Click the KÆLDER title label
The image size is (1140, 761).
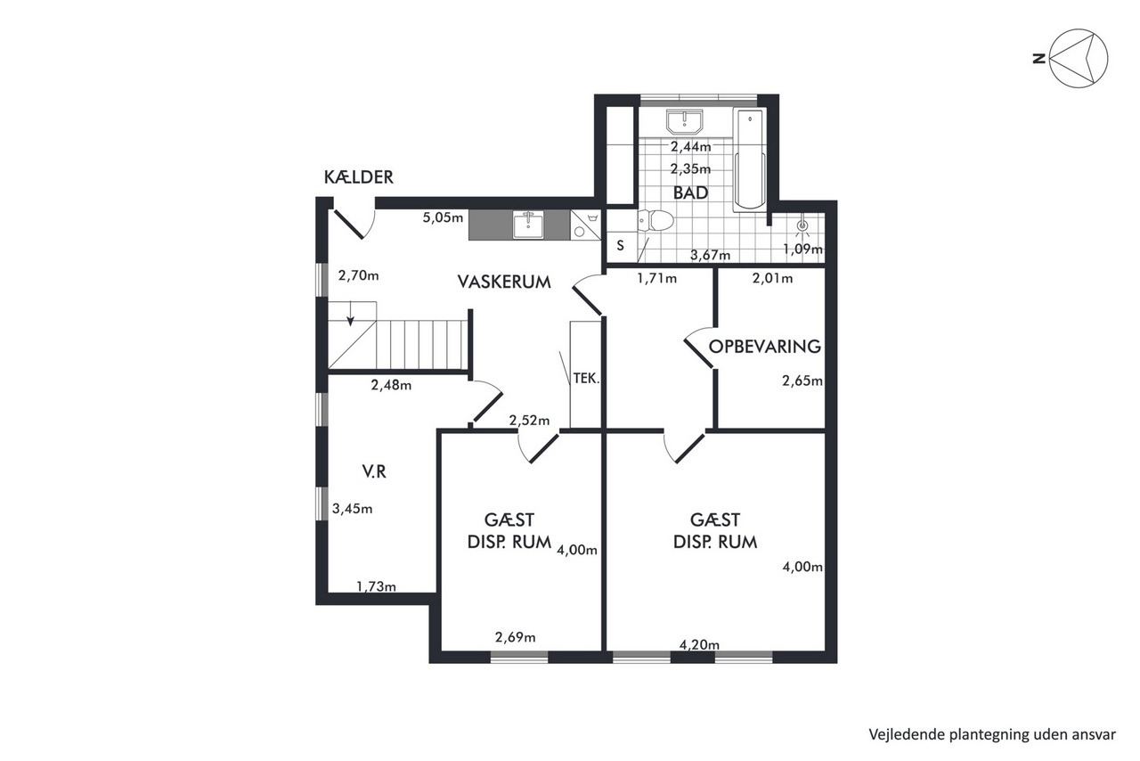coord(359,177)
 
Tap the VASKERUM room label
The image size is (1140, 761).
coord(504,282)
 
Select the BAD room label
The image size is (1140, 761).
coord(690,192)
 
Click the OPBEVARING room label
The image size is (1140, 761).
coord(765,347)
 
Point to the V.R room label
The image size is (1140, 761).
coord(374,471)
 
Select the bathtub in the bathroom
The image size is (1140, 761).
coord(750,160)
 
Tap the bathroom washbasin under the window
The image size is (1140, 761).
coord(685,122)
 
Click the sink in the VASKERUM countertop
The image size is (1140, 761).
coord(528,225)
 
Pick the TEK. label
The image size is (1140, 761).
coord(586,379)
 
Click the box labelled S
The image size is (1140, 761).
coord(621,246)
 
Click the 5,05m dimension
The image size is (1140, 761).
coord(443,218)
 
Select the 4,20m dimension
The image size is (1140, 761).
coord(699,645)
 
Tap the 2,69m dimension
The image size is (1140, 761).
coord(515,637)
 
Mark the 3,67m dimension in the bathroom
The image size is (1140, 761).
coord(710,255)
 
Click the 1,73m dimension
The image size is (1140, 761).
coord(376,587)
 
